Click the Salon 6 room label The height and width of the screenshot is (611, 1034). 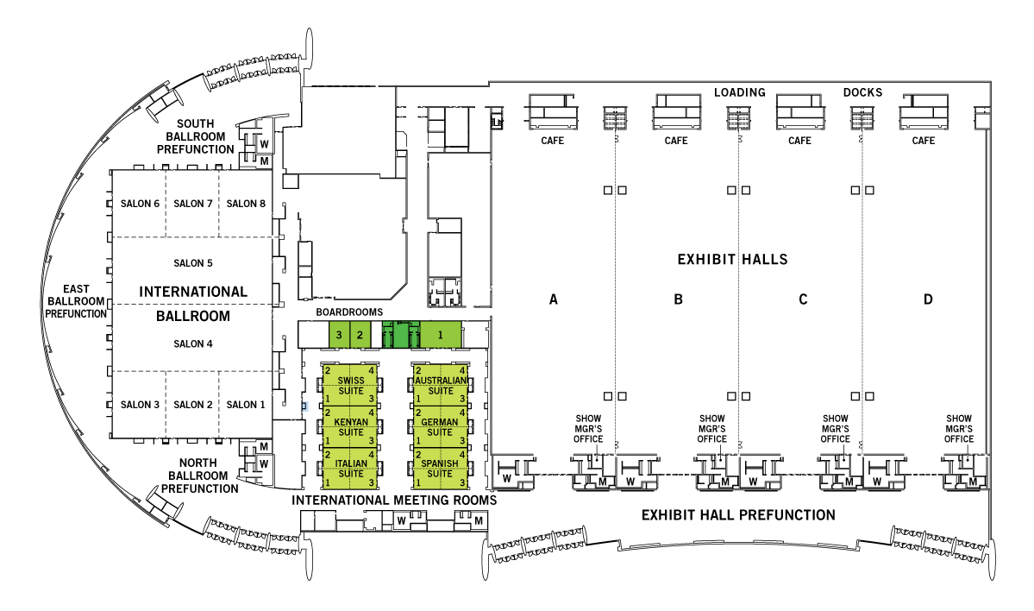(x=140, y=204)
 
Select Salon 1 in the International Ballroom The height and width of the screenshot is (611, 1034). (x=245, y=405)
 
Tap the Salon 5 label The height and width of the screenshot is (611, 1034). (x=193, y=263)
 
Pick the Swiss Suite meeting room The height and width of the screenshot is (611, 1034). (x=350, y=386)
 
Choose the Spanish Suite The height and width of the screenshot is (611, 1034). (x=439, y=469)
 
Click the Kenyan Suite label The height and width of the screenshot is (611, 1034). (x=351, y=427)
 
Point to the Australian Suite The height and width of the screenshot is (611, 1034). (x=441, y=386)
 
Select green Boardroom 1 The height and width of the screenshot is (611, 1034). (x=441, y=335)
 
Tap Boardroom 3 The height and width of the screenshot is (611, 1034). (x=339, y=335)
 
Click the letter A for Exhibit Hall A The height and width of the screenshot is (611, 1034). (x=554, y=299)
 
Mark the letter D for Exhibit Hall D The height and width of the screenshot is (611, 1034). (x=928, y=299)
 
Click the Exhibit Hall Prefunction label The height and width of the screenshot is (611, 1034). (x=738, y=515)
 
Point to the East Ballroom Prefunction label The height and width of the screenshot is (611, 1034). (x=76, y=301)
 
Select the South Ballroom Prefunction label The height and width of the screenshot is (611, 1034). (x=195, y=136)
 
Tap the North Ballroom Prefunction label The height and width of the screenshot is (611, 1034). (x=199, y=476)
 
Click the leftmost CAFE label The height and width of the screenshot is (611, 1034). (x=552, y=141)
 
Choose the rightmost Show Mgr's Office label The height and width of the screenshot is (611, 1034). (x=959, y=429)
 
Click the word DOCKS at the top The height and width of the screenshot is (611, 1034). (x=862, y=92)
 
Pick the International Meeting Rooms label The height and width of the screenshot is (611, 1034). (x=394, y=501)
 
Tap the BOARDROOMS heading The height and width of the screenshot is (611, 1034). (x=349, y=312)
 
